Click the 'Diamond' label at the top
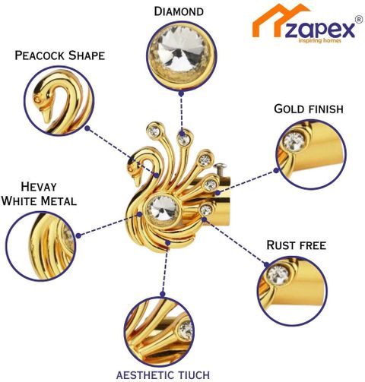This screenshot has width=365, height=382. (179, 11)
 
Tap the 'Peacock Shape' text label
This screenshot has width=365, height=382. (60, 55)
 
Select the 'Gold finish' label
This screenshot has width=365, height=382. (309, 109)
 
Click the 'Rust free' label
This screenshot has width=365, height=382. (296, 245)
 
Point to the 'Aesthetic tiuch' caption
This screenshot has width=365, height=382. (163, 374)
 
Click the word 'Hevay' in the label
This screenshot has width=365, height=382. (39, 187)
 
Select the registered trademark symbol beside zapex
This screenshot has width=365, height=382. (359, 20)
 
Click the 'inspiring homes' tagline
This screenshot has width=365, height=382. (320, 41)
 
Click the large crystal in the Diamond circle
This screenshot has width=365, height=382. (181, 49)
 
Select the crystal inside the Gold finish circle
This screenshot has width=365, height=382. (294, 142)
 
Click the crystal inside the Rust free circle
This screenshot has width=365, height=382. (278, 275)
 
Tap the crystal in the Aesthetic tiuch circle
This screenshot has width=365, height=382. (186, 330)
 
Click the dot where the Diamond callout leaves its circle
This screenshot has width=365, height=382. (181, 93)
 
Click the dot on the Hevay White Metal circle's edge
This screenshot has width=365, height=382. (78, 235)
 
